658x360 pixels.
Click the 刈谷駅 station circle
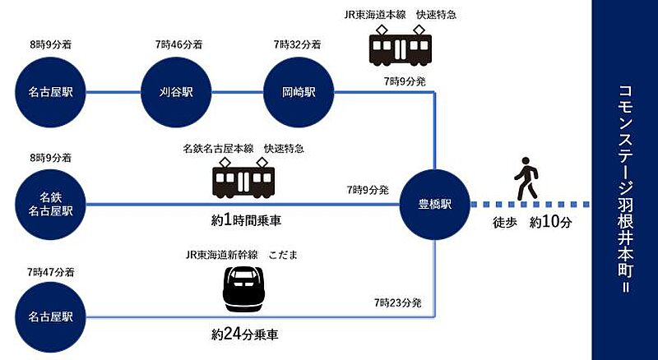point(176,92)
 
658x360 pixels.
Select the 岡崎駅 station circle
point(299,92)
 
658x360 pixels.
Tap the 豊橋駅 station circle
point(435,205)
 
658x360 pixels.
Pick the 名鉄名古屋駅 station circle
point(50,205)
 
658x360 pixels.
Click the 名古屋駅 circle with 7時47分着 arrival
point(50,316)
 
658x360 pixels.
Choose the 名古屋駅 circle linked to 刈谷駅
point(50,92)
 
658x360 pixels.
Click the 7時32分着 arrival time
point(298,44)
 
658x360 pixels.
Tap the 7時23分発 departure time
point(397,302)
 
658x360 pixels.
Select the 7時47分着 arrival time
point(51,272)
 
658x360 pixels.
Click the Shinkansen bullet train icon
point(243,288)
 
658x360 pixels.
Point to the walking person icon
point(526,178)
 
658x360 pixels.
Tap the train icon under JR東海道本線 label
point(401,45)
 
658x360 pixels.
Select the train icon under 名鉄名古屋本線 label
point(243,178)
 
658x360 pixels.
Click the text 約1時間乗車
point(246,220)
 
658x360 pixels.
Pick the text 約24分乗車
point(244,335)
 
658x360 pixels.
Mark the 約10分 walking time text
point(550,222)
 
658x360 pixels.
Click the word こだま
point(283,255)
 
